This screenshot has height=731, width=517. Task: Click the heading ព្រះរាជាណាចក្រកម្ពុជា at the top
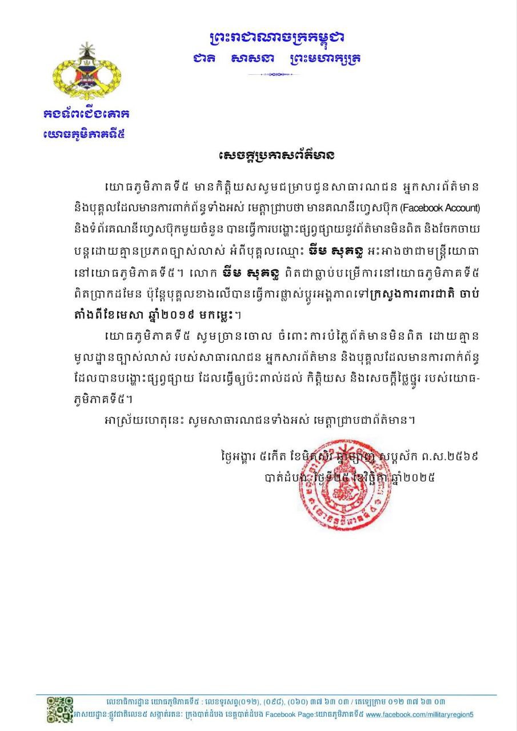[276, 38]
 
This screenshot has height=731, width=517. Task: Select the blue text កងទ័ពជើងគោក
[87, 113]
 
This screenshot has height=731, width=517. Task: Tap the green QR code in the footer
[59, 709]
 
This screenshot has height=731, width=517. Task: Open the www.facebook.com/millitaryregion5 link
[419, 714]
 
